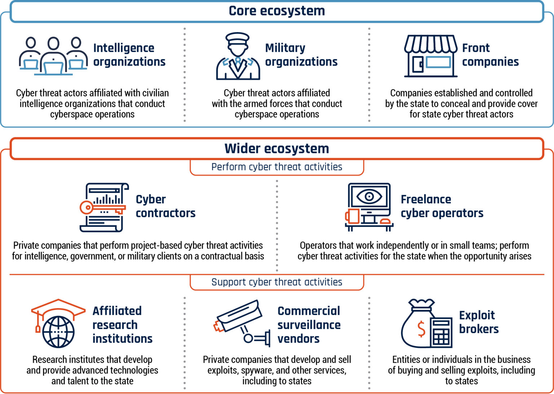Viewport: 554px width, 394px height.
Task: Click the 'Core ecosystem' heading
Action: tap(277, 11)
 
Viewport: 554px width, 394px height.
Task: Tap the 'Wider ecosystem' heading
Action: tap(277, 148)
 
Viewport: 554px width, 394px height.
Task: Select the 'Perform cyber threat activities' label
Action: tap(277, 167)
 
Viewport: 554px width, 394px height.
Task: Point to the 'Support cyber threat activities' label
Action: tap(277, 282)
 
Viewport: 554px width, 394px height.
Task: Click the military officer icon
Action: tap(238, 56)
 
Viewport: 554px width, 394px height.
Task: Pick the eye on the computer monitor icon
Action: tap(369, 196)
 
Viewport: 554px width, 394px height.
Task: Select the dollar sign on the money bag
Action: tap(421, 329)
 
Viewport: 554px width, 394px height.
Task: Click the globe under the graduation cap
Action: tap(58, 332)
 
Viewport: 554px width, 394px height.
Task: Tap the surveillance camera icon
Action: tap(242, 323)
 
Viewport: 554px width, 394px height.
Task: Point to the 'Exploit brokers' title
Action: tap(479, 322)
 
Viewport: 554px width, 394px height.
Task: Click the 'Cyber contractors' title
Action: tap(166, 206)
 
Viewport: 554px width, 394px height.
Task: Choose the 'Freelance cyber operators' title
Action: tap(442, 206)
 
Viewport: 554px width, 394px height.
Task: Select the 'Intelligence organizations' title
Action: tap(129, 55)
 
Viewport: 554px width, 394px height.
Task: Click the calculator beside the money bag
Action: tap(441, 332)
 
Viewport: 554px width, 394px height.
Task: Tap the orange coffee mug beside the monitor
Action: tap(352, 216)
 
